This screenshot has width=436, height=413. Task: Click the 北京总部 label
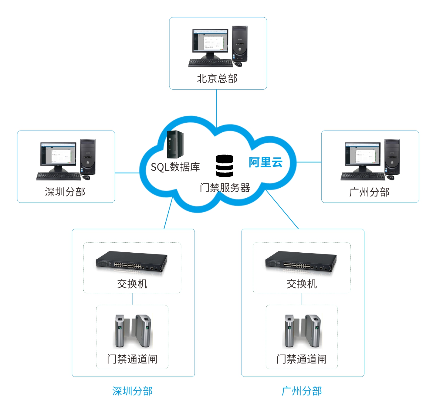217,79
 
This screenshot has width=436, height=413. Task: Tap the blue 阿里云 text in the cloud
265,162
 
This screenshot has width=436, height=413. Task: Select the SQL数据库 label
175,167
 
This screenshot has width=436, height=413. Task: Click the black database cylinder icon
225,166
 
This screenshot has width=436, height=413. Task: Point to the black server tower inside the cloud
175,144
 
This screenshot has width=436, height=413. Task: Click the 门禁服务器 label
225,188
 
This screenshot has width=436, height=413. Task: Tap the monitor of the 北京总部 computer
210,41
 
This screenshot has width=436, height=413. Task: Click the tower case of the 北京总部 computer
240,43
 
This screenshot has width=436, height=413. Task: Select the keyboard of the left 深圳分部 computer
59,176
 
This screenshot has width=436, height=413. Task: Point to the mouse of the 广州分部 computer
391,177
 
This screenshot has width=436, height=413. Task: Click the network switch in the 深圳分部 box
132,261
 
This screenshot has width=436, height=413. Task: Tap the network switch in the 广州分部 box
301,261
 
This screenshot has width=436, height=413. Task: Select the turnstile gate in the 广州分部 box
302,331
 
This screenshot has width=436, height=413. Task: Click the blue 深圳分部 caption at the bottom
132,391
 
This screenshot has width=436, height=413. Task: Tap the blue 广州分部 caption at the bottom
302,391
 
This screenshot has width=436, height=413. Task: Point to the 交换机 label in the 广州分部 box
302,284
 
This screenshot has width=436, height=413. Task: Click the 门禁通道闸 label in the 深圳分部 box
132,359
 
